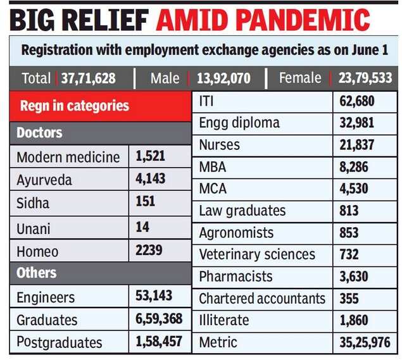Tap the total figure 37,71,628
89,78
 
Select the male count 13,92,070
224,78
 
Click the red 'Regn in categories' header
75,106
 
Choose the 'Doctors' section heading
39,133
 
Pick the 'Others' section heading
36,273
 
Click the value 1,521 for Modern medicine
149,156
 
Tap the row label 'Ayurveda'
44,180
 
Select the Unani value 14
142,227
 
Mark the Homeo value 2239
149,251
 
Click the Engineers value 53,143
154,296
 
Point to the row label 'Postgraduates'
60,343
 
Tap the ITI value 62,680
357,101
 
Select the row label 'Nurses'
220,145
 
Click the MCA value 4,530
353,189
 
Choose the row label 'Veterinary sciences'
257,254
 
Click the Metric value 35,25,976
365,343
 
